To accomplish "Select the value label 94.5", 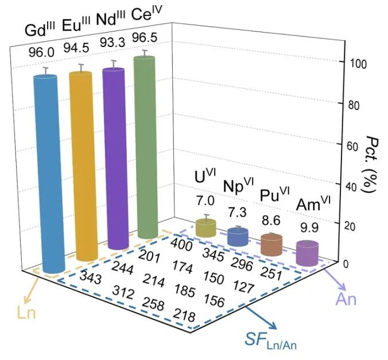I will (77, 46).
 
